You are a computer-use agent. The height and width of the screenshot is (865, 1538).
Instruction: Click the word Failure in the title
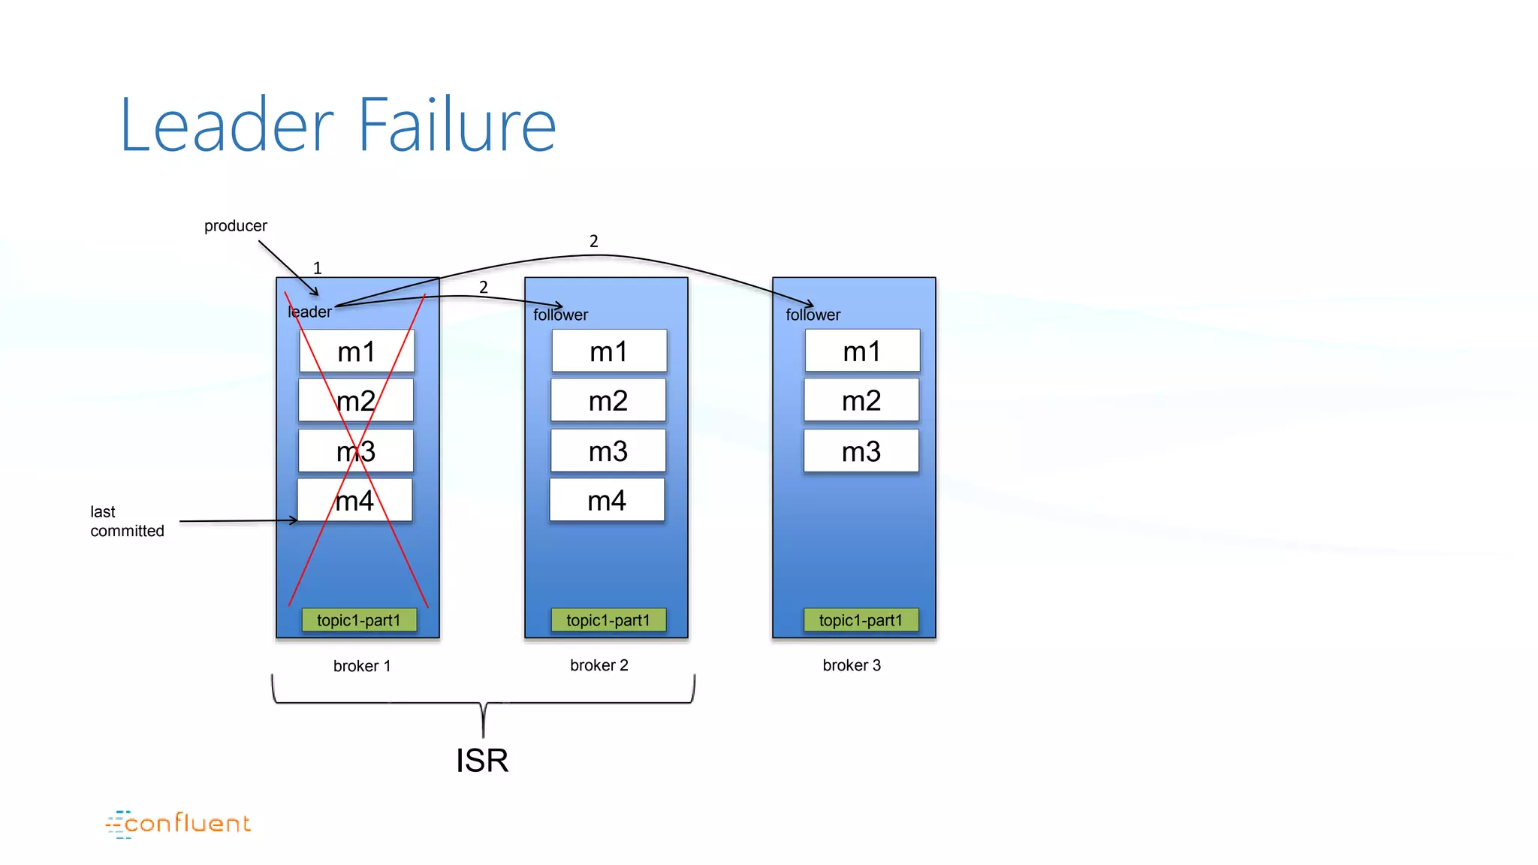point(457,125)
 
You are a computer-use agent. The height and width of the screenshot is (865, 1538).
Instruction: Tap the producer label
point(235,226)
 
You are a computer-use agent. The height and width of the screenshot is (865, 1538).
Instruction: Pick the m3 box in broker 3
point(861,451)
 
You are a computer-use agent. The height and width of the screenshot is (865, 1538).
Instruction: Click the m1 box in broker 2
point(608,351)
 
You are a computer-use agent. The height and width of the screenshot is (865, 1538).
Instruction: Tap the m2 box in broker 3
point(861,401)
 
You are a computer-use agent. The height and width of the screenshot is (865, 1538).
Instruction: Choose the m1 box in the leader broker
point(356,351)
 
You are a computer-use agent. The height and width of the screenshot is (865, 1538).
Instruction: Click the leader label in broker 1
point(309,312)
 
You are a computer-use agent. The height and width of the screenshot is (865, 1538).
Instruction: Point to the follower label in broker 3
point(813,315)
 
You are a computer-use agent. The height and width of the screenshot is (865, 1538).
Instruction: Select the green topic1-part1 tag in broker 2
point(608,620)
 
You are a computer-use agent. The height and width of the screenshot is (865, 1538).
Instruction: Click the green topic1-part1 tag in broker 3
point(861,620)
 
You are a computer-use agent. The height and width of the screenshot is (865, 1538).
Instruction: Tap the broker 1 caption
point(361,666)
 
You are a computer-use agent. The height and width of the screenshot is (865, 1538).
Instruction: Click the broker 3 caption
point(852,665)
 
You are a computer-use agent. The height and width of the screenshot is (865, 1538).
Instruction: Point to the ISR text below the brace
point(482,761)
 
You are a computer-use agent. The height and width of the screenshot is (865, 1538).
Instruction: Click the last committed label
point(126,521)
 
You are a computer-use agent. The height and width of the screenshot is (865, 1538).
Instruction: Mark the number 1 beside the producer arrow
point(317,268)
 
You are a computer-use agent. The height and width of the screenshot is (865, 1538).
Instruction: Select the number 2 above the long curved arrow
point(593,241)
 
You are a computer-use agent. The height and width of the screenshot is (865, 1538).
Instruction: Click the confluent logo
point(178,824)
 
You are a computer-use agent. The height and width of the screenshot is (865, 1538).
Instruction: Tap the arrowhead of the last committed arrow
point(294,520)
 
